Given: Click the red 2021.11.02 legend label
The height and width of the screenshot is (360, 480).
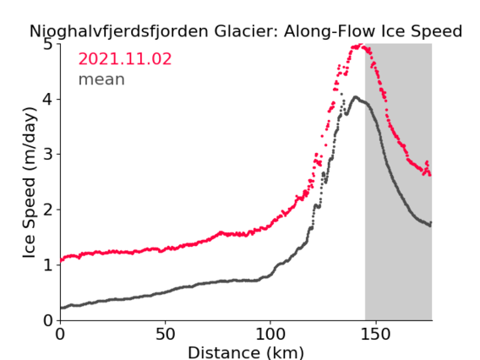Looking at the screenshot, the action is tap(125, 59).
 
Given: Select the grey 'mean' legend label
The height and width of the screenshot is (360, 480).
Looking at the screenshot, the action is tap(101, 79).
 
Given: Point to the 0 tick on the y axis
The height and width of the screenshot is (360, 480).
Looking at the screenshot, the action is tap(48, 320).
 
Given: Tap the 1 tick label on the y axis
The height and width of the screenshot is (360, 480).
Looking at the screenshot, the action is tap(48, 265).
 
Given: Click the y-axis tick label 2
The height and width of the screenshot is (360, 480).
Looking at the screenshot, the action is tap(48, 210).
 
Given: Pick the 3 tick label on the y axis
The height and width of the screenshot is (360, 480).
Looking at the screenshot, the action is tap(48, 155).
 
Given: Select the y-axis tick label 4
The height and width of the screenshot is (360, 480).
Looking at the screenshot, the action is tap(48, 99).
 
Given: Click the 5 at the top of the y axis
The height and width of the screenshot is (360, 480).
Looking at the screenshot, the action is tap(48, 45).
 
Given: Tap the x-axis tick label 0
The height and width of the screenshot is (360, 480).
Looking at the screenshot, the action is tap(60, 335).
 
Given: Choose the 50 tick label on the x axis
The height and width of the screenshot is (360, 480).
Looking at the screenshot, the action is tap(166, 335).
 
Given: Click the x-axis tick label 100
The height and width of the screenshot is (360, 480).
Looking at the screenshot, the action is tap(270, 335).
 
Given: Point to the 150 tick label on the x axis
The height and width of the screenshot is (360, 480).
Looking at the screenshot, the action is tap(375, 335).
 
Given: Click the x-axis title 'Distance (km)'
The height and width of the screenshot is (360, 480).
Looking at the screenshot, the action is tap(246, 352).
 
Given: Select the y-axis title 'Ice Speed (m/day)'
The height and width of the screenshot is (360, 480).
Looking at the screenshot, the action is tap(29, 183).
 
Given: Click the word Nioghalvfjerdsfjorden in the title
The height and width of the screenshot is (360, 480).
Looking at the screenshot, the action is tap(119, 31).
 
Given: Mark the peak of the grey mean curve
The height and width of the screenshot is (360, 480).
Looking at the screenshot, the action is tap(355, 97).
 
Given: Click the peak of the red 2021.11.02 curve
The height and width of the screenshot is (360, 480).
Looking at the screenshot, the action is tap(361, 45).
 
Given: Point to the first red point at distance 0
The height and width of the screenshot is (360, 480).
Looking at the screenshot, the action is tap(61, 261).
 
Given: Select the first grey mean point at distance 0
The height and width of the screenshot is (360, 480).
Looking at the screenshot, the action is tap(61, 308).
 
